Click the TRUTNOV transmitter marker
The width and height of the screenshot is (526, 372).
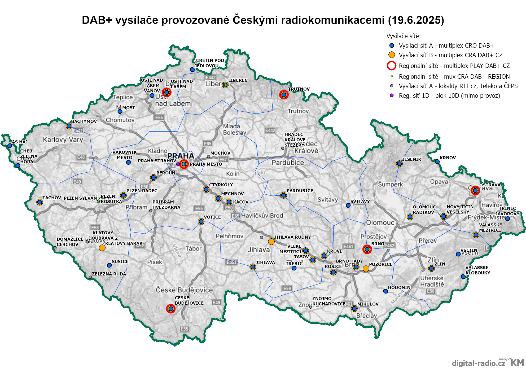[284, 95]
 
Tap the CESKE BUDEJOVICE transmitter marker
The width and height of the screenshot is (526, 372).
[171, 309]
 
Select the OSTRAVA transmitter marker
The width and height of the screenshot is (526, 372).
[475, 190]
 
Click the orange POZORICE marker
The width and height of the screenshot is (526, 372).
[366, 269]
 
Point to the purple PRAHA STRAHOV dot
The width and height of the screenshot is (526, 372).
[178, 164]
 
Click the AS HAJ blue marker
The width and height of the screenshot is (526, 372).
[10, 146]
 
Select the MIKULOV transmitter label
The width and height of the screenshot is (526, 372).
[368, 304]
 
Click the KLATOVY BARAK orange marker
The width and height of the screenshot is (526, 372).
[102, 248]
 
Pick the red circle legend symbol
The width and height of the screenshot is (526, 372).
[392, 66]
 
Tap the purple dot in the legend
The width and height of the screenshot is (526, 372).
[392, 95]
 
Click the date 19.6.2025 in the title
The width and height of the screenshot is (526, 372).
[416, 20]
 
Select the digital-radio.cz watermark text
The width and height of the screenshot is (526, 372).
[478, 363]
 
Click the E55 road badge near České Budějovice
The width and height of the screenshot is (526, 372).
[184, 329]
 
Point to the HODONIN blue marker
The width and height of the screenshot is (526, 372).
[385, 291]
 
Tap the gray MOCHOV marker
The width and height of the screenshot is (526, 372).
[208, 157]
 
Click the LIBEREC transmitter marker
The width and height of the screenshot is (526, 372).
[225, 85]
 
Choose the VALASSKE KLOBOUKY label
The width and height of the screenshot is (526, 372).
[477, 270]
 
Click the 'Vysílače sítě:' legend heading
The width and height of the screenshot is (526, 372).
[403, 36]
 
